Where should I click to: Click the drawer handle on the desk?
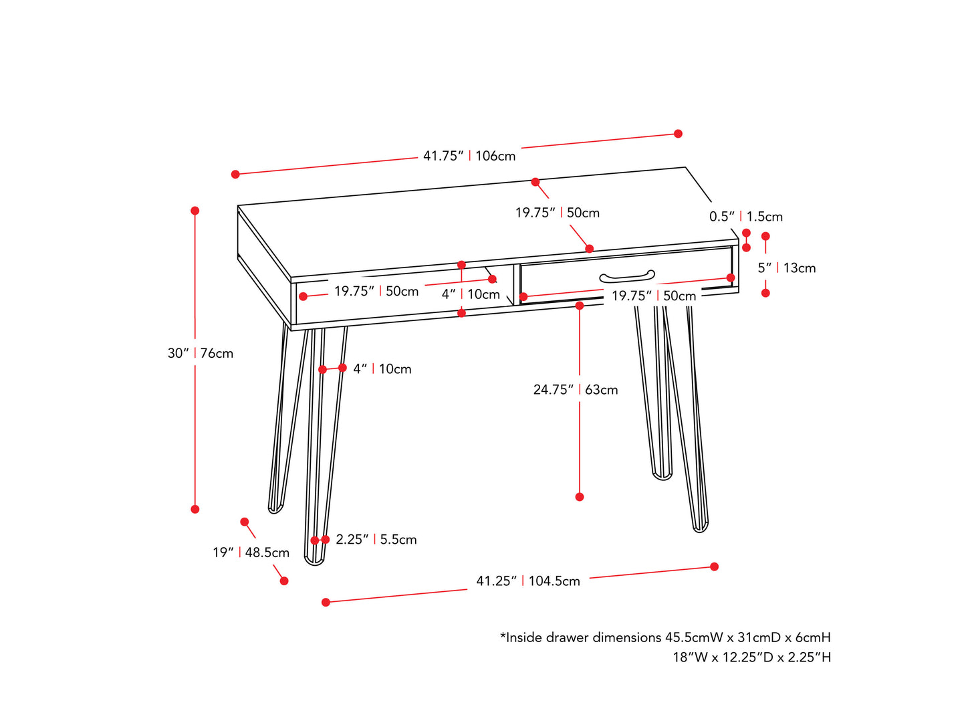626,276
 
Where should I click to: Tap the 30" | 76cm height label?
200,352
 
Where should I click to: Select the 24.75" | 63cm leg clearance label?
575,389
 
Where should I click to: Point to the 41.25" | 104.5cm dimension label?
527,581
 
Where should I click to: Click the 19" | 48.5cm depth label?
251,552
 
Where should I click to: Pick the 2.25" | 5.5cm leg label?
376,539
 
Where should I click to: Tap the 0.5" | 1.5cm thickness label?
745,216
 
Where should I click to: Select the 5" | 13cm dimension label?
786,268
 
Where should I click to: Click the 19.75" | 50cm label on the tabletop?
557,213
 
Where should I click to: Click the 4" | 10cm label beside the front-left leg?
382,369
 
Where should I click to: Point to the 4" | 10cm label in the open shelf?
470,294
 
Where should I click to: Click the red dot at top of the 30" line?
195,211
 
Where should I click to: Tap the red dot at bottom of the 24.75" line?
579,496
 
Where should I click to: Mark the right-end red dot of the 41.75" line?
678,133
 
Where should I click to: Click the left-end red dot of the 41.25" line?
325,602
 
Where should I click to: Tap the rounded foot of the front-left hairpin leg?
314,561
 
